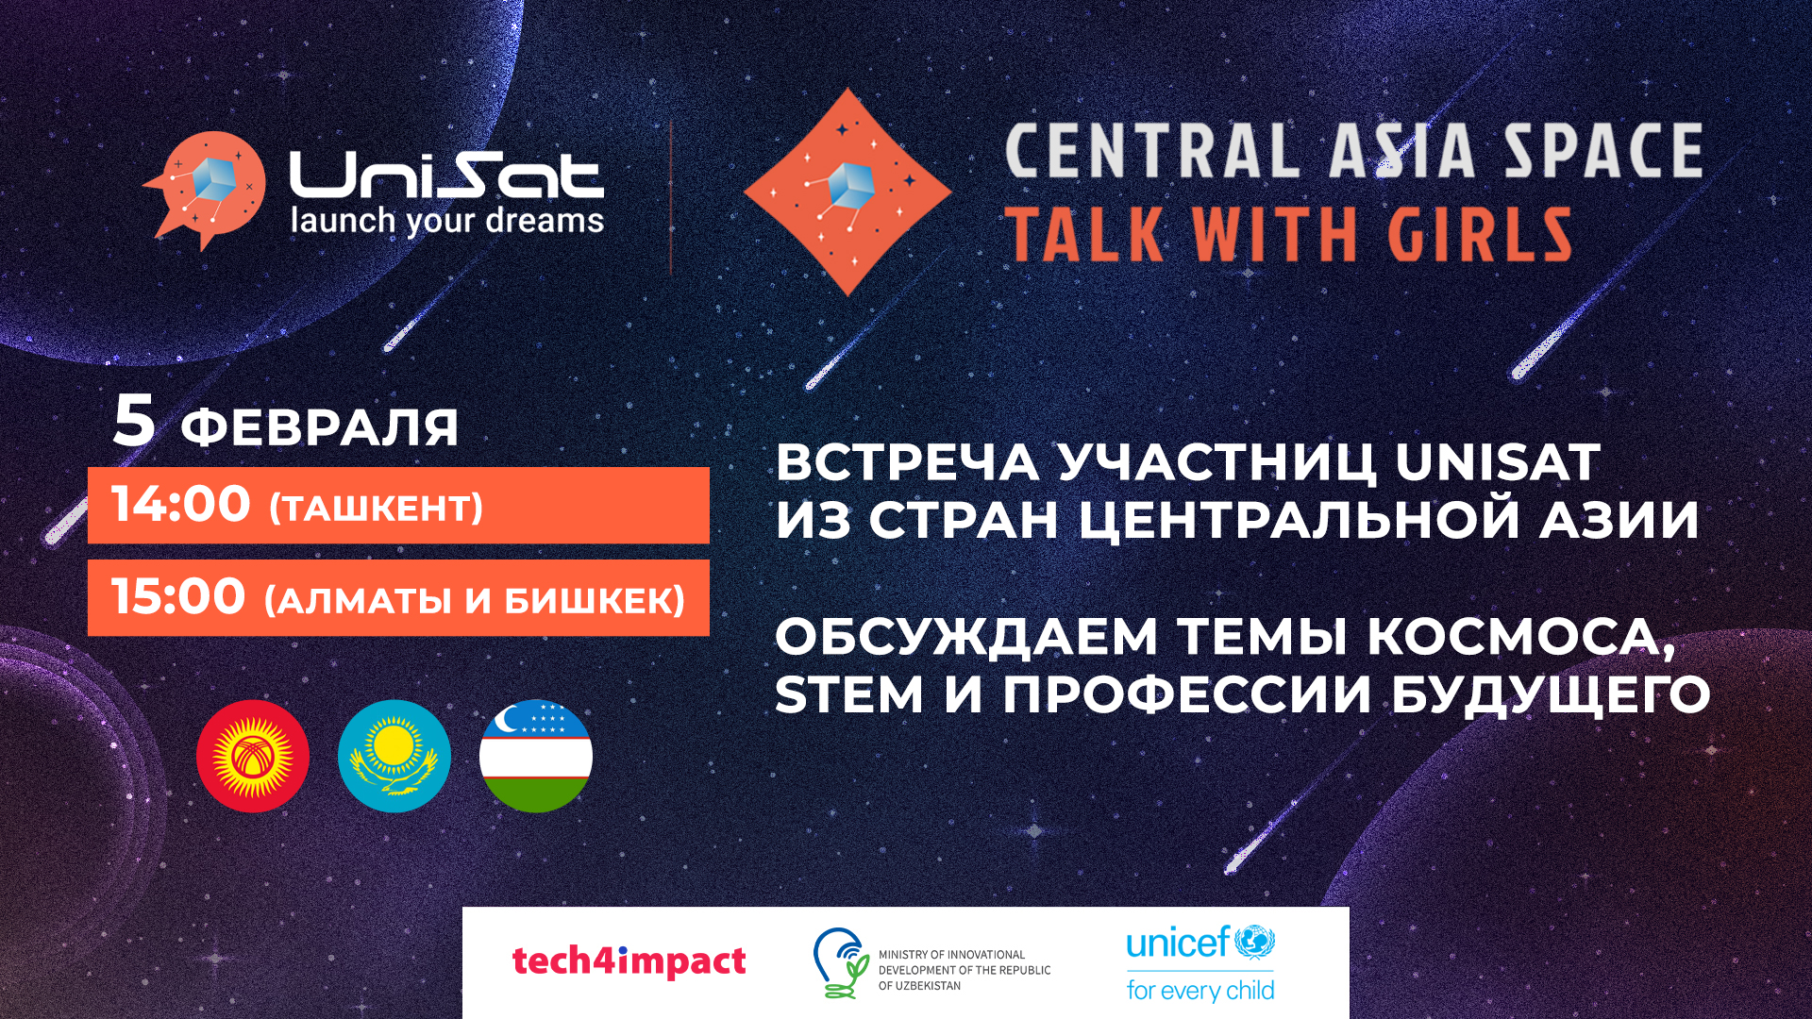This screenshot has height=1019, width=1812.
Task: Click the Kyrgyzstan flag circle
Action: point(253,756)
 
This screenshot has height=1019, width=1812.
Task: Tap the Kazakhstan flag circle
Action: point(394,756)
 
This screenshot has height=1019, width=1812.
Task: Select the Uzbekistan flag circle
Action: point(536,756)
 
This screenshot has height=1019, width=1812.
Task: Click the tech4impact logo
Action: point(629,961)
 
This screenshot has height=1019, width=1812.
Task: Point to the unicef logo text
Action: point(1178,943)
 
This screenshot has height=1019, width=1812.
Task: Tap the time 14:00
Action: point(181,504)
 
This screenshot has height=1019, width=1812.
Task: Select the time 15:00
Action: point(179,596)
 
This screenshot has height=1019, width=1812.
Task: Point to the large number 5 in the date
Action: point(133,420)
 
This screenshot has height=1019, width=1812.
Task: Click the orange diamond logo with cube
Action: point(847,192)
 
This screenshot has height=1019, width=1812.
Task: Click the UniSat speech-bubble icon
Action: point(206,189)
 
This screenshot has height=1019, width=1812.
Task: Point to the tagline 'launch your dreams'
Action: point(446,221)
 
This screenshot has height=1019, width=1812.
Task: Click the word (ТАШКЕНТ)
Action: point(376,509)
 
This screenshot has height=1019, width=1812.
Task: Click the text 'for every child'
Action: point(1200,990)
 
